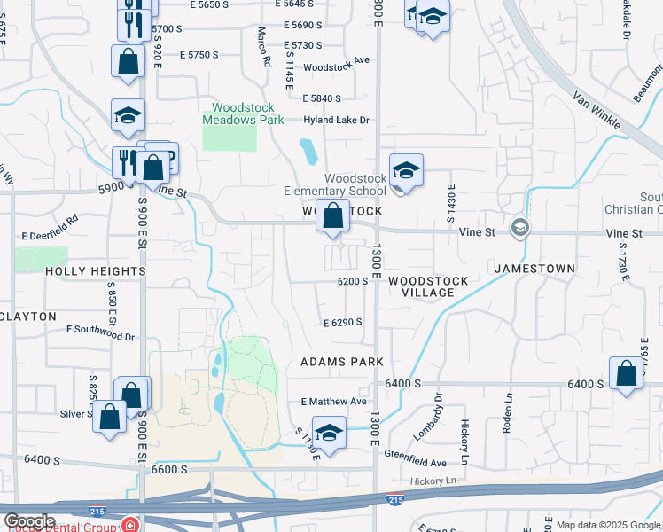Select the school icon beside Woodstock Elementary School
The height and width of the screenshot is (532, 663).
coord(406,170)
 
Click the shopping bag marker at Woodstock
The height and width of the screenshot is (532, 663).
coord(332,215)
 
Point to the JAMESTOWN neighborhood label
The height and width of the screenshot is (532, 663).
coord(534,268)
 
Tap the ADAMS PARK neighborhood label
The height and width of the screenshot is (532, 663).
coord(342,362)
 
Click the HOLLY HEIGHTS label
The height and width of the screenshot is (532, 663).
coord(95,271)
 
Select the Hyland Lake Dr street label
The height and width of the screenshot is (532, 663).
coord(336,121)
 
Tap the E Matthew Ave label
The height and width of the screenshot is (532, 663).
coord(333,402)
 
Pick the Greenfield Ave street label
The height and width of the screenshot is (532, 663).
coord(415,462)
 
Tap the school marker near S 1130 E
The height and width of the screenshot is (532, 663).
coord(329,434)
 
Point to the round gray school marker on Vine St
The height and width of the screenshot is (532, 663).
coord(519,228)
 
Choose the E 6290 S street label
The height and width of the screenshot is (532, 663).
coord(342,323)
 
